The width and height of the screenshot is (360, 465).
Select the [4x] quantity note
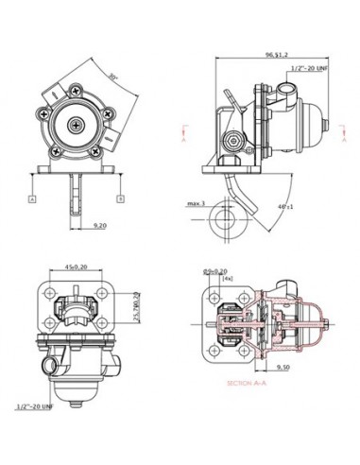tap(227, 280)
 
